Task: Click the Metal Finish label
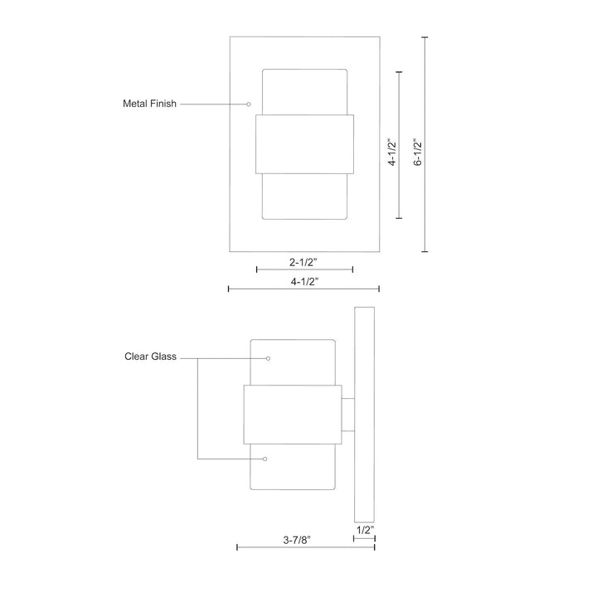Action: pyautogui.click(x=149, y=104)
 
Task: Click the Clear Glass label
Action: pyautogui.click(x=149, y=357)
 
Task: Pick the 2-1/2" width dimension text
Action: pyautogui.click(x=304, y=262)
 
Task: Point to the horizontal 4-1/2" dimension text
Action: pyautogui.click(x=304, y=281)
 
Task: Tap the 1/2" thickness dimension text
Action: pyautogui.click(x=364, y=529)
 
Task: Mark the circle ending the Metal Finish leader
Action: pyautogui.click(x=249, y=104)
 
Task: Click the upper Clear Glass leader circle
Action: pyautogui.click(x=269, y=358)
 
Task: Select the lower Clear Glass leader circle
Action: pyautogui.click(x=265, y=459)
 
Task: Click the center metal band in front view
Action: pyautogui.click(x=304, y=144)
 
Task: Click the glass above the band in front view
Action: pyautogui.click(x=304, y=91)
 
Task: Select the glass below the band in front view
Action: pyautogui.click(x=304, y=197)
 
